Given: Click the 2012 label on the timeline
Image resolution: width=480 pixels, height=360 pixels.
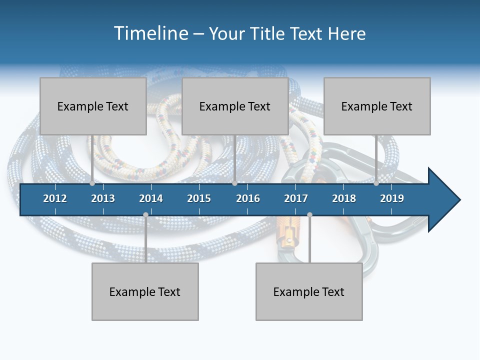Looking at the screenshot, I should tap(55, 198).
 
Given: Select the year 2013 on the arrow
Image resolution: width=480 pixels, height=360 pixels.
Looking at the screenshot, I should tap(103, 198).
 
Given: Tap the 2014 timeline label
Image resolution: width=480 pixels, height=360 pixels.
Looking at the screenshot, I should tap(151, 198).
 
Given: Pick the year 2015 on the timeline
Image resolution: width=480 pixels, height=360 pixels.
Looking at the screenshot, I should tap(199, 198).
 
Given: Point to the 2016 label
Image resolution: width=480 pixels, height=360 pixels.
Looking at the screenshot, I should tap(248, 198).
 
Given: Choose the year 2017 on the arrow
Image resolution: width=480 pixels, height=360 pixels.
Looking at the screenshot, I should tap(296, 198).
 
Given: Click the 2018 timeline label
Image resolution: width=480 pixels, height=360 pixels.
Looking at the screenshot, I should tap(344, 198).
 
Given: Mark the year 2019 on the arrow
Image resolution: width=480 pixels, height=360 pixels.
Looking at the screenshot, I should tap(392, 198).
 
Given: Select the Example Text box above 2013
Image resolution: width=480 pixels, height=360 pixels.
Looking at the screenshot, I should tap(93, 106).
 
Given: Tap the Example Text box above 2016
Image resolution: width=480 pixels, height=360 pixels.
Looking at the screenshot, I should tap(235, 106).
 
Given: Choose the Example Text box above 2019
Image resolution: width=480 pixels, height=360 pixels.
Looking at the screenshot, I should tap(377, 106).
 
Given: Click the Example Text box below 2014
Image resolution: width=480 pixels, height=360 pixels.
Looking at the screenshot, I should tap(145, 291).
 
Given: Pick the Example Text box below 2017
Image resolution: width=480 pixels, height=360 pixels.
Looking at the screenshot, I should tap(309, 291).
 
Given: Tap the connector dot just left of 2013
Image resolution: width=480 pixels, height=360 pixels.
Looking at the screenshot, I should tap(92, 183).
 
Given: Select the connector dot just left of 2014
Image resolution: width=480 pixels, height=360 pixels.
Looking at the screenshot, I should tap(145, 214).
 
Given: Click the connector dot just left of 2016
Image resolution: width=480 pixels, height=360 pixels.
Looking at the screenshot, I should tap(234, 183).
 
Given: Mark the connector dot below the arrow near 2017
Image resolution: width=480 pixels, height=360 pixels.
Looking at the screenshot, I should tap(309, 214).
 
